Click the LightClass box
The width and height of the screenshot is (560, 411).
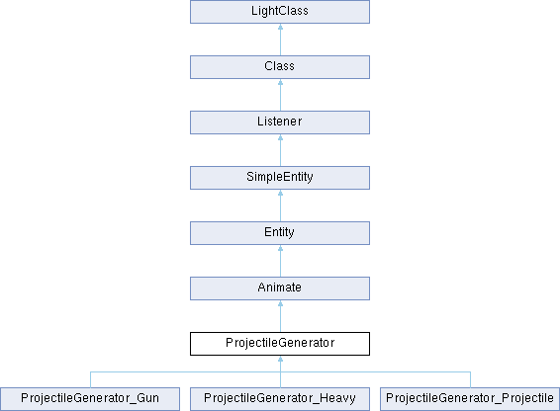(280, 12)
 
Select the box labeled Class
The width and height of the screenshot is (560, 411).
(280, 67)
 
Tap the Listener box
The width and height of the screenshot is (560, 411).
(280, 123)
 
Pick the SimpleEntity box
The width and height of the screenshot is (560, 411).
(280, 178)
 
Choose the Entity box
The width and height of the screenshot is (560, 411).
(280, 233)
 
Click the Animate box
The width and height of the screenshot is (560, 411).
(280, 288)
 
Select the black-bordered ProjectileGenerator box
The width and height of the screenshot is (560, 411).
(280, 344)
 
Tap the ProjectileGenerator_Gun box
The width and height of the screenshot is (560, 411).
(90, 399)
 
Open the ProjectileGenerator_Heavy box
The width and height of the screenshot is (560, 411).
(280, 399)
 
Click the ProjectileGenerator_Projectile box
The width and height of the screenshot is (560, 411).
(470, 399)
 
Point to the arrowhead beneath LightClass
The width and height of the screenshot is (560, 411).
(280, 27)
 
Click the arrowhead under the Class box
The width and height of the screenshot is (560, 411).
(280, 82)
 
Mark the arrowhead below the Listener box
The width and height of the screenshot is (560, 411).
(280, 137)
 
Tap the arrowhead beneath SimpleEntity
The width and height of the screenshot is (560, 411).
(280, 193)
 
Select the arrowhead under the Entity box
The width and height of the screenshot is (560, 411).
(280, 248)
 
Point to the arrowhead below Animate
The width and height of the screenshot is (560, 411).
(280, 303)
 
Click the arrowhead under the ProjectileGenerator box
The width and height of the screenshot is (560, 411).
(280, 359)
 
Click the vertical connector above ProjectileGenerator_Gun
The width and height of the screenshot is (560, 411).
(90, 379)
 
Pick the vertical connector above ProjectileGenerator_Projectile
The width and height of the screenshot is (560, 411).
(470, 379)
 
